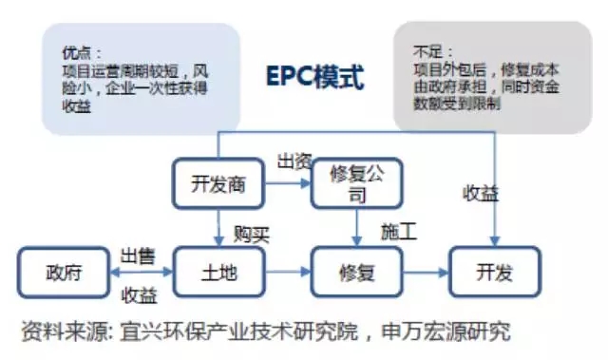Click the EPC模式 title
(x=314, y=77)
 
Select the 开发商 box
(x=218, y=183)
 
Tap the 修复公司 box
(x=356, y=183)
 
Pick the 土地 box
(x=218, y=274)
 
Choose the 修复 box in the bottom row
(x=356, y=274)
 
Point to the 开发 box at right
(x=495, y=274)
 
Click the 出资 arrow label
(x=294, y=161)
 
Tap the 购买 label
(x=251, y=234)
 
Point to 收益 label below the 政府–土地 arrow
(x=139, y=294)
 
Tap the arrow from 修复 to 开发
(x=425, y=275)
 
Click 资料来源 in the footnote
(x=59, y=332)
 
